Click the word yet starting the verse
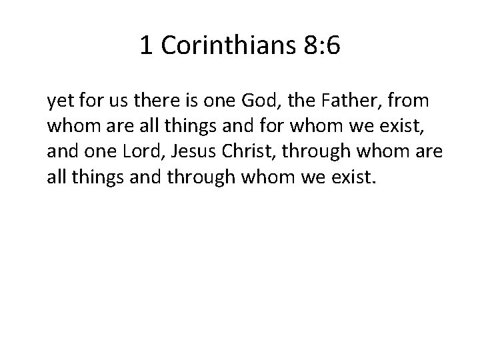(59, 102)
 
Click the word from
(409, 102)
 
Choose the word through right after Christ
(315, 152)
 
